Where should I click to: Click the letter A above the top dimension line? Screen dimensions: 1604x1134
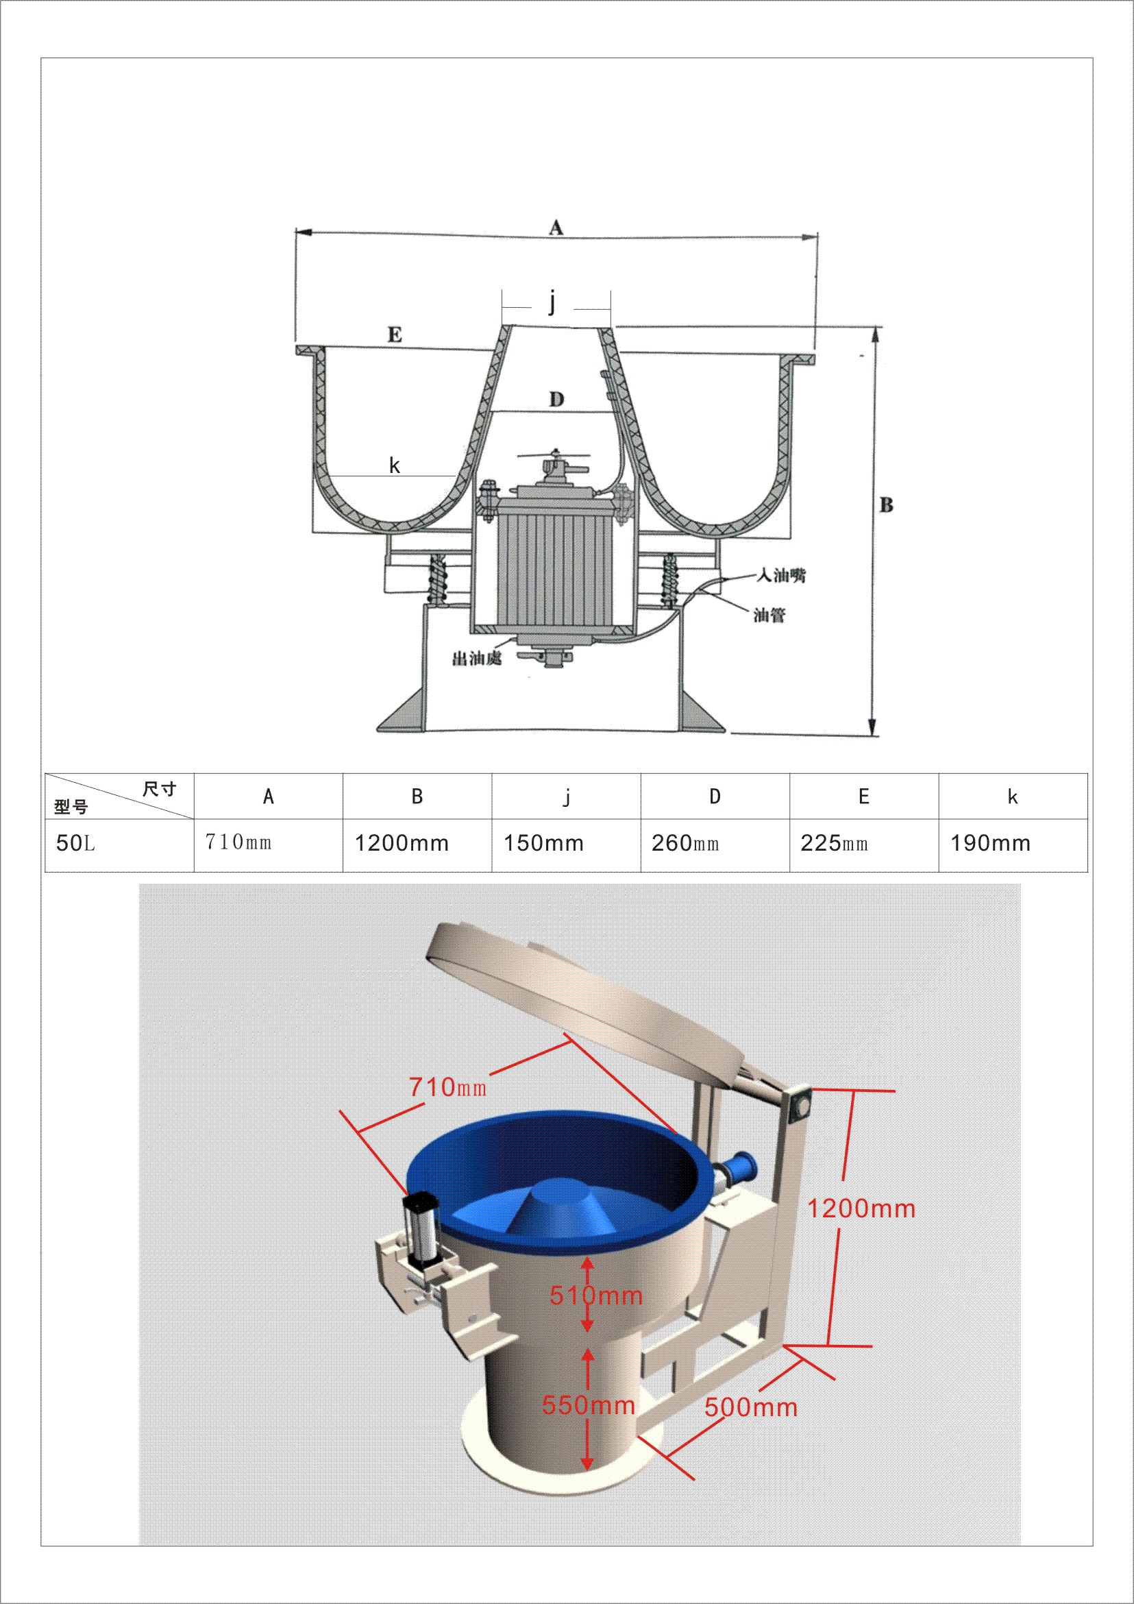tap(556, 227)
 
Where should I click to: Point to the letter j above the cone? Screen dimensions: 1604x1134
tap(553, 302)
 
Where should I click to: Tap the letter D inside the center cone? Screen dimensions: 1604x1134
tap(556, 400)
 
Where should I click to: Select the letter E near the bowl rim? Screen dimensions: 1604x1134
tap(395, 335)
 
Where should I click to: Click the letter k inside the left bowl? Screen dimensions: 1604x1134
tap(395, 465)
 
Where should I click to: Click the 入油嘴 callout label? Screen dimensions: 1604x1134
tap(781, 575)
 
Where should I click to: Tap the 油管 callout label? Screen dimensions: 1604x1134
tap(769, 615)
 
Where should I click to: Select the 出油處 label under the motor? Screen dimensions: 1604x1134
tap(477, 657)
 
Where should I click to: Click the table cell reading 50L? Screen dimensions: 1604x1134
tap(75, 843)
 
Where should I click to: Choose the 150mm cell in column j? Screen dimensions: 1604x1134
tap(543, 843)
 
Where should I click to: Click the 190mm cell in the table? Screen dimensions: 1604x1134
tap(990, 843)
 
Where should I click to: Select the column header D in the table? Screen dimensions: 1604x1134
tap(715, 797)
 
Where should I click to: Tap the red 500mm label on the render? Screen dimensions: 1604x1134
tap(751, 1407)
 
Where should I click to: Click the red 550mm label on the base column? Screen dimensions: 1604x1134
tap(588, 1405)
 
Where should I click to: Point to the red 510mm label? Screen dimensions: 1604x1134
tap(595, 1296)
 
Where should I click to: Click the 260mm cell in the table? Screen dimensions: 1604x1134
tap(685, 843)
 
